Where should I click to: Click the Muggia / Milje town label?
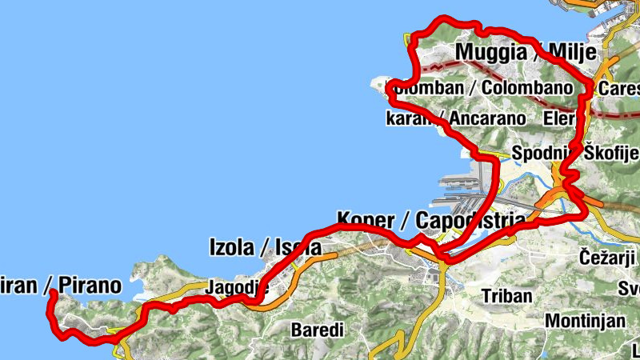pyautogui.click(x=526, y=54)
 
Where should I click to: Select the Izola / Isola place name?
pyautogui.click(x=264, y=247)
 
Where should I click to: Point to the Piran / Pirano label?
pyautogui.click(x=61, y=285)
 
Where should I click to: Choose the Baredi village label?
pyautogui.click(x=317, y=330)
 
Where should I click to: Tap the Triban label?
pyautogui.click(x=506, y=295)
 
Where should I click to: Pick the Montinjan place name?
pyautogui.click(x=584, y=320)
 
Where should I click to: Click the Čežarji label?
pyautogui.click(x=606, y=257)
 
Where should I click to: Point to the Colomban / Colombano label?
pyautogui.click(x=478, y=87)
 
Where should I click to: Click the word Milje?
pyautogui.click(x=573, y=54)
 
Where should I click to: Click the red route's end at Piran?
pyautogui.click(x=52, y=294)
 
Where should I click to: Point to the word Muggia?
pyautogui.click(x=490, y=54)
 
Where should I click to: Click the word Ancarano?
pyautogui.click(x=487, y=118)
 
